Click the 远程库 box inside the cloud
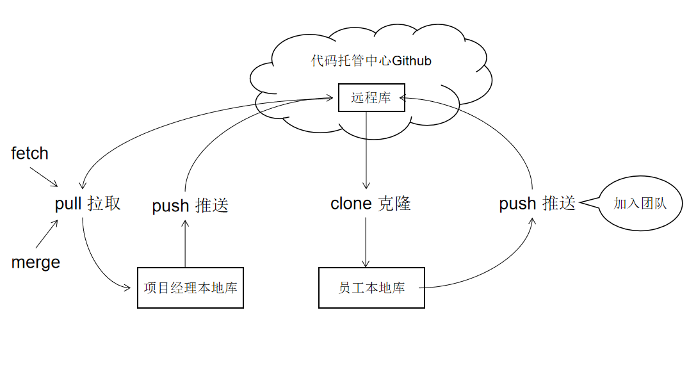pyautogui.click(x=371, y=98)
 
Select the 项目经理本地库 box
pyautogui.click(x=190, y=288)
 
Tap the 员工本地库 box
pyautogui.click(x=371, y=288)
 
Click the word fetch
pyautogui.click(x=30, y=154)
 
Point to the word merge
pyautogui.click(x=36, y=263)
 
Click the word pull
pyautogui.click(x=68, y=204)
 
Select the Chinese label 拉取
pyautogui.click(x=104, y=204)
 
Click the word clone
pyautogui.click(x=351, y=204)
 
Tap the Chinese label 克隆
pyautogui.click(x=394, y=204)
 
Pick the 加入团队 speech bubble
pyautogui.click(x=640, y=204)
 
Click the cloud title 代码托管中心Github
pyautogui.click(x=371, y=61)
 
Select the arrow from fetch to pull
pyautogui.click(x=44, y=177)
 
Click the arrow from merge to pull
pyautogui.click(x=47, y=235)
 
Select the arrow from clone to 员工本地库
pyautogui.click(x=366, y=242)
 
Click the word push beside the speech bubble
pyautogui.click(x=517, y=204)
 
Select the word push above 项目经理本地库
pyautogui.click(x=170, y=206)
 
